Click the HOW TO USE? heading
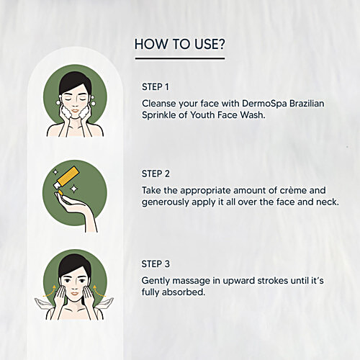pyautogui.click(x=179, y=44)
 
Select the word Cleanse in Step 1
pyautogui.click(x=159, y=103)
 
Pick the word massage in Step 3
pyautogui.click(x=195, y=280)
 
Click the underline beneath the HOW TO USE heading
pyautogui.click(x=179, y=58)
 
